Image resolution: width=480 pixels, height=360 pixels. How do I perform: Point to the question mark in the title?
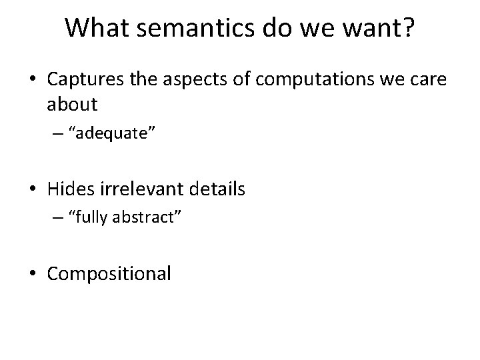click(x=406, y=28)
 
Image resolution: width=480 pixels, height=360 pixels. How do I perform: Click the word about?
click(x=73, y=105)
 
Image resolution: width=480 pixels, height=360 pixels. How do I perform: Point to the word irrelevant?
click(x=137, y=189)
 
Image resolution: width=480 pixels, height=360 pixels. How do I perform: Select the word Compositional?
click(x=109, y=273)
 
